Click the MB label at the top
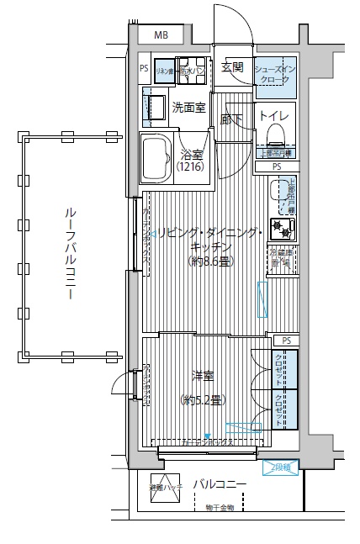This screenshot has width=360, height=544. pyautogui.click(x=161, y=34)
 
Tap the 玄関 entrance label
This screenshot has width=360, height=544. pyautogui.click(x=232, y=67)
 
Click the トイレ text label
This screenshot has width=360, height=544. pyautogui.click(x=274, y=115)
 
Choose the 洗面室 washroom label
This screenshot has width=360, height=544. pyautogui.click(x=189, y=108)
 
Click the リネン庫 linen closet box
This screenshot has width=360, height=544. pyautogui.click(x=163, y=71)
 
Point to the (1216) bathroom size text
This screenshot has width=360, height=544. pyautogui.click(x=192, y=167)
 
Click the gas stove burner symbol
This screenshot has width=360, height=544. pyautogui.click(x=286, y=228)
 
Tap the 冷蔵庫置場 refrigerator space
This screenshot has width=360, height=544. pyautogui.click(x=280, y=257)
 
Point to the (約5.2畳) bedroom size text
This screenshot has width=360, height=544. pyautogui.click(x=202, y=401)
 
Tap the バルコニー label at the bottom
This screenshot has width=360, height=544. pyautogui.click(x=220, y=484)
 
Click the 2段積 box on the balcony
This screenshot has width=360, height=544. pyautogui.click(x=280, y=467)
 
